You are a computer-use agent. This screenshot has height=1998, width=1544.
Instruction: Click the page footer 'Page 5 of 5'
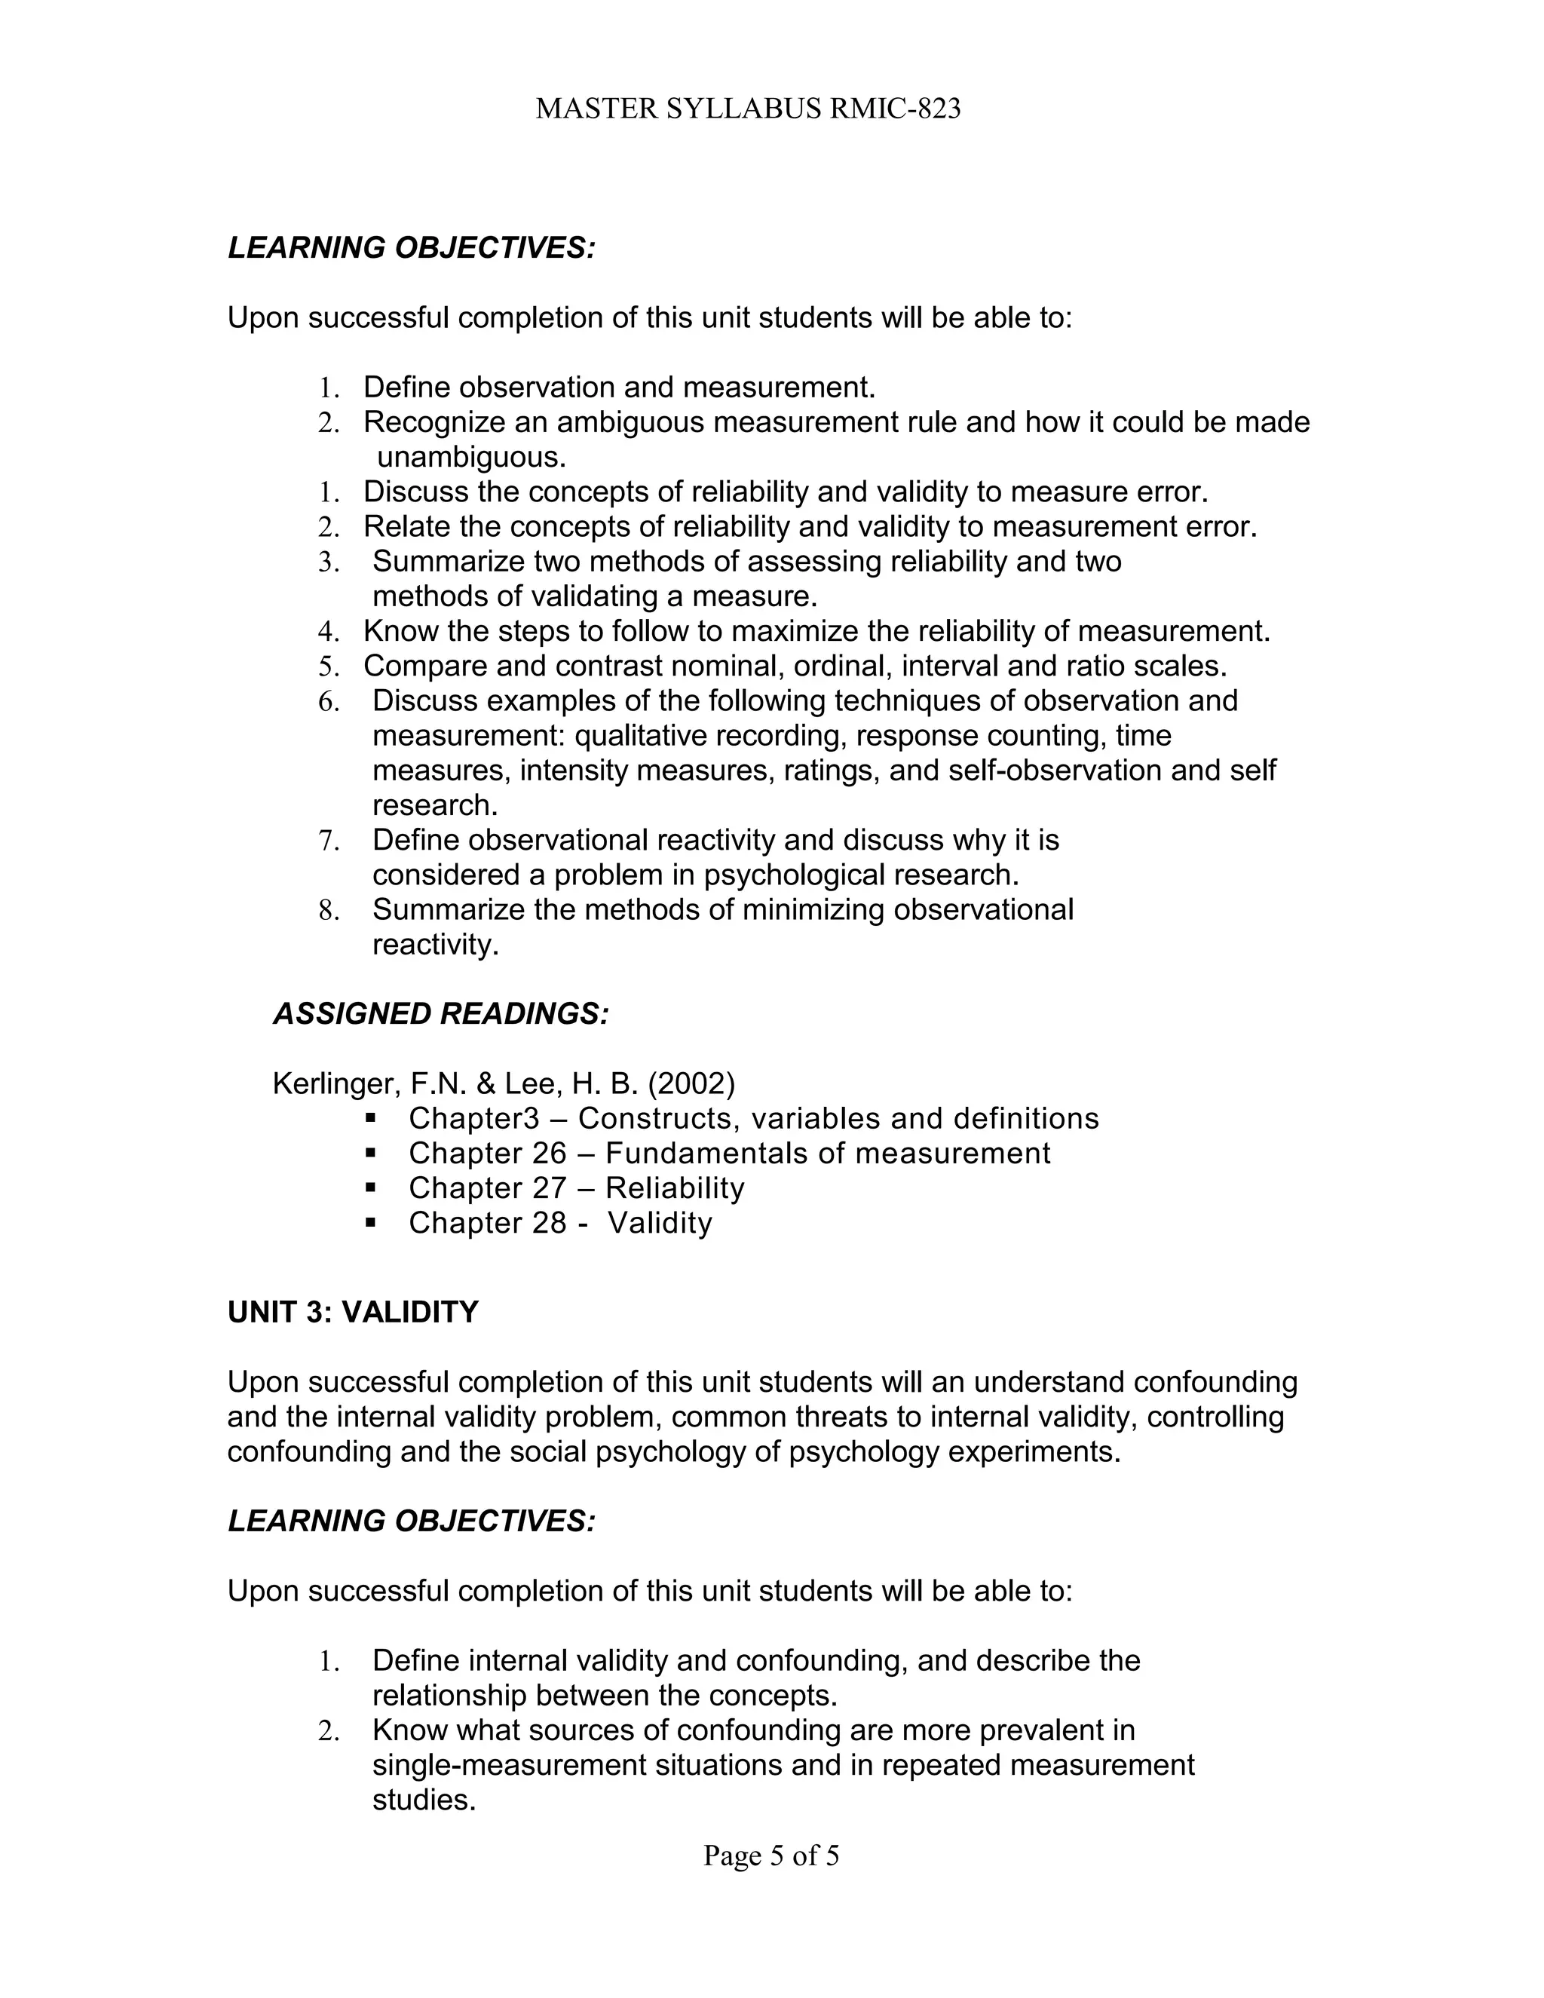[771, 1855]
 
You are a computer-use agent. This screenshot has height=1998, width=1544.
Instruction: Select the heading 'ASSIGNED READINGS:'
[441, 1013]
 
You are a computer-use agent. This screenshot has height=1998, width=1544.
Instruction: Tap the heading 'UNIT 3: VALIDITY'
[352, 1312]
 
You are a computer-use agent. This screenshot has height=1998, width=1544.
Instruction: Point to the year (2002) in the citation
[691, 1084]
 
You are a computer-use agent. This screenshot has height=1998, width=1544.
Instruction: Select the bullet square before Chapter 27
[370, 1187]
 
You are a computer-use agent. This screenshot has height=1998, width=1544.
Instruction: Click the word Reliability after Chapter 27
[675, 1188]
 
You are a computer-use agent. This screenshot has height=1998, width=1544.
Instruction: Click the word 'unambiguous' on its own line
[472, 456]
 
